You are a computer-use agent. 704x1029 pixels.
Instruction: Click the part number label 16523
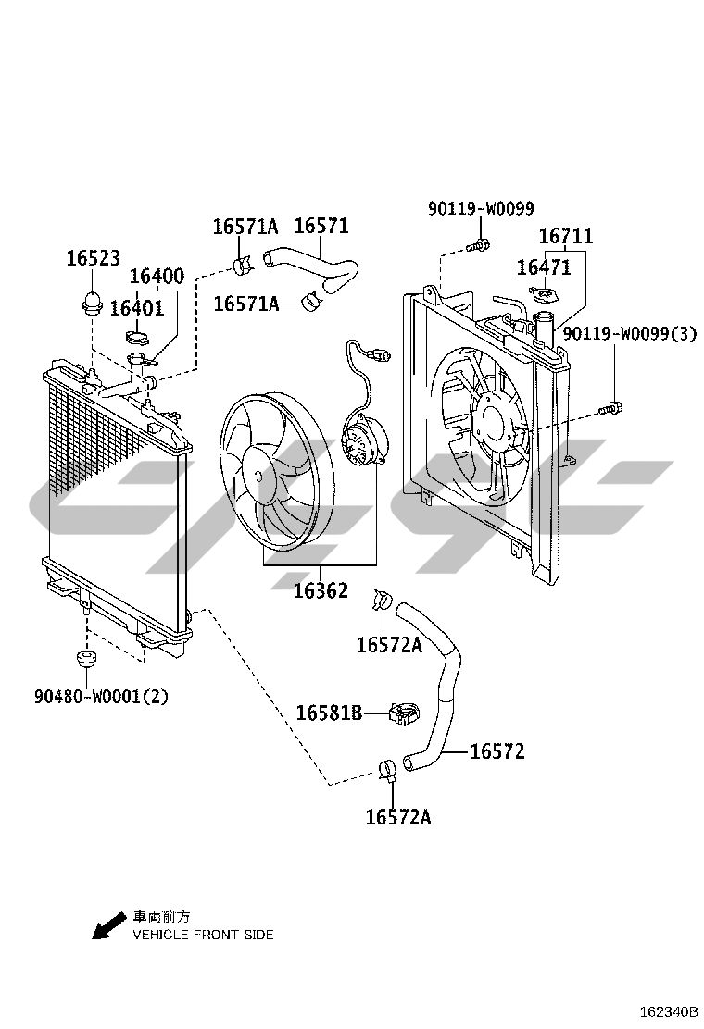pos(94,258)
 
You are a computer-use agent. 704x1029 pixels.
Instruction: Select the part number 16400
pos(157,276)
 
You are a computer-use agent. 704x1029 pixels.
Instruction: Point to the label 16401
pos(136,308)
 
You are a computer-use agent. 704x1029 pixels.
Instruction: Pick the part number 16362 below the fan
pos(321,590)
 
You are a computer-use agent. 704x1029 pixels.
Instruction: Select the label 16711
pos(565,236)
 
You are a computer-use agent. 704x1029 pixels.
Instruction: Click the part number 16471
pos(544,267)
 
